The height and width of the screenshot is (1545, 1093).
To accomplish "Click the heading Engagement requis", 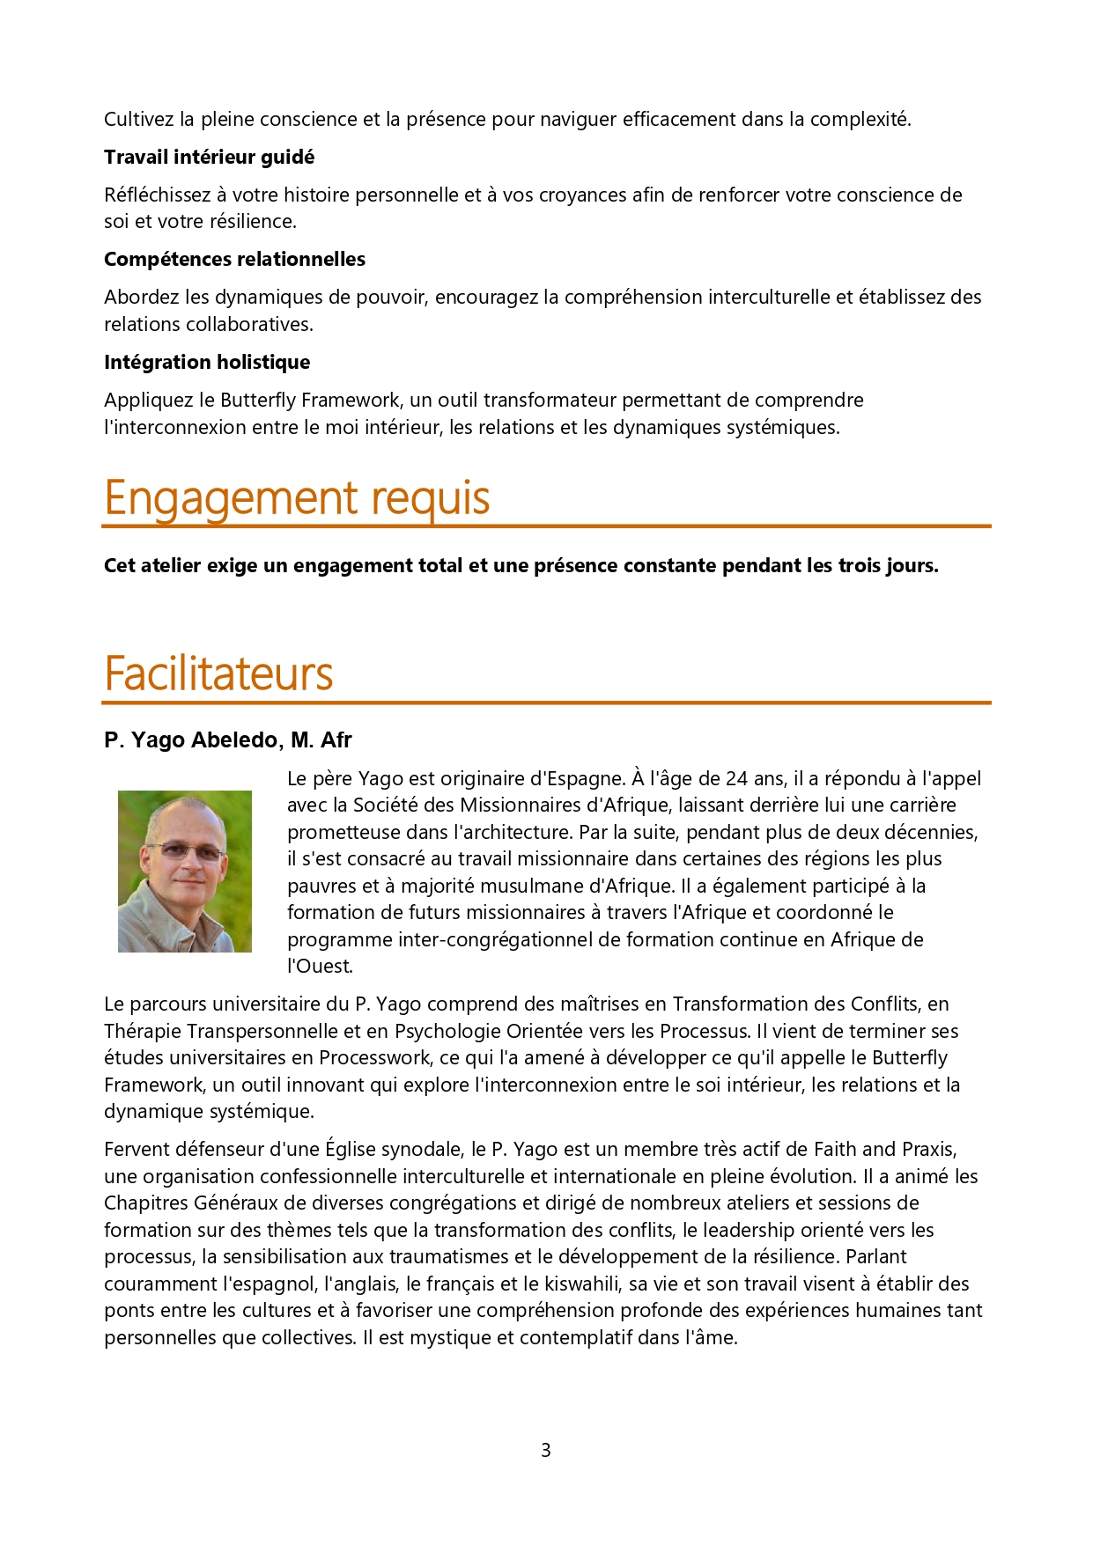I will [297, 498].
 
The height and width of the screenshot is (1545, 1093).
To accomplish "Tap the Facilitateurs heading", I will [218, 674].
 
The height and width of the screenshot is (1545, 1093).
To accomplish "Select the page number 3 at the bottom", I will [546, 1450].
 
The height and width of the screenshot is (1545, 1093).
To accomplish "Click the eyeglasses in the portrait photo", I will [185, 850].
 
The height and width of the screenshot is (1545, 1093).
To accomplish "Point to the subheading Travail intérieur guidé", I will [209, 158].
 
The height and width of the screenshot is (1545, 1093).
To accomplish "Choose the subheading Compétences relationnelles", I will [234, 260].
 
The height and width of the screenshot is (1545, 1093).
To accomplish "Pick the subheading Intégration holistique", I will [207, 363].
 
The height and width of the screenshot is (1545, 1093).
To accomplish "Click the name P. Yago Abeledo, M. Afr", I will [227, 740].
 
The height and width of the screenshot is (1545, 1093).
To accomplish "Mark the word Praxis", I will [927, 1150].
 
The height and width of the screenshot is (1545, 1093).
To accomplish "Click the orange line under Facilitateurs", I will [546, 703].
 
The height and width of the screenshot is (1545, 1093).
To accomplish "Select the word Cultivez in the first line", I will [139, 120].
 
